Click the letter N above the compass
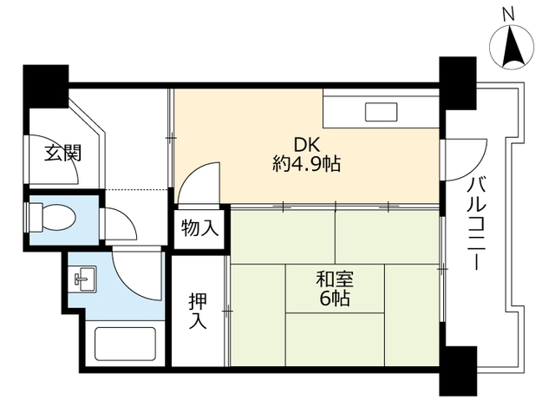point(509,13)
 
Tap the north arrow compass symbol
point(509,47)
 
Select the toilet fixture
point(53,216)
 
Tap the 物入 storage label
point(199,229)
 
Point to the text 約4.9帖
point(306,164)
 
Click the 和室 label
point(334,279)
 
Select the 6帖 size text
point(334,300)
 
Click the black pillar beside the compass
point(458,82)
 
